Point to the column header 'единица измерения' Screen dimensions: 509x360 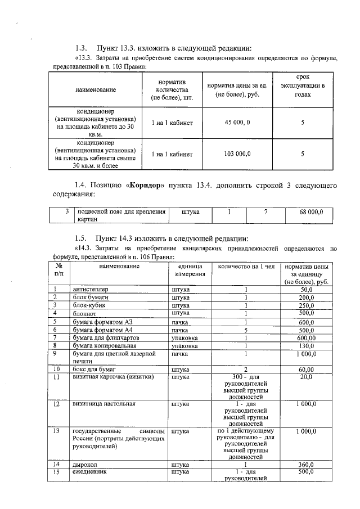point(188,269)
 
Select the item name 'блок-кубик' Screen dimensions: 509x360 point(88,305)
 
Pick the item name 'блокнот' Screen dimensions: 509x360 point(84,313)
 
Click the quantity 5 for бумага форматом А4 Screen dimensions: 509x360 point(246,330)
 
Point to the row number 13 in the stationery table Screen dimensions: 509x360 point(56,431)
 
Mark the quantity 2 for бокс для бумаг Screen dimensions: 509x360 point(246,370)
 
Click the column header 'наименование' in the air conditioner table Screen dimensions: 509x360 point(94,90)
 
